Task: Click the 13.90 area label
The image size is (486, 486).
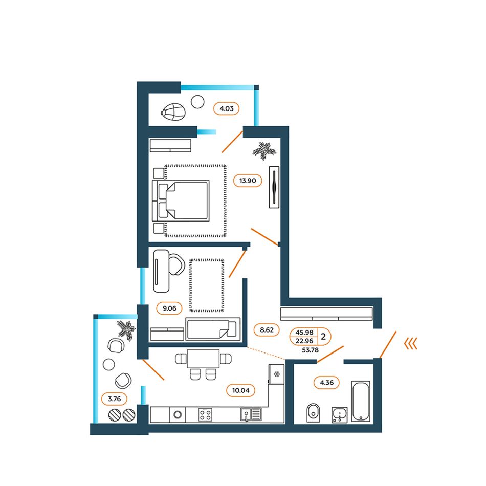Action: (x=247, y=181)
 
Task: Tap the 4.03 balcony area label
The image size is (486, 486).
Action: (x=226, y=108)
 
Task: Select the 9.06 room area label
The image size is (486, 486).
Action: (x=169, y=308)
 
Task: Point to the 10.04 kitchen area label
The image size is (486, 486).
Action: (x=240, y=390)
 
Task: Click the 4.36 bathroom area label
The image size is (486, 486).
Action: (x=327, y=383)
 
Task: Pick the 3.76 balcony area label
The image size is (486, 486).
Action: (x=114, y=399)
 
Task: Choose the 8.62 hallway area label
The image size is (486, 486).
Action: (x=267, y=330)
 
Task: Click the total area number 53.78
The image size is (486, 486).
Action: (x=310, y=350)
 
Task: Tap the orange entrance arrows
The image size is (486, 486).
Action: (x=411, y=343)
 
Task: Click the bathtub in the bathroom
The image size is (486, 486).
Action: (x=361, y=401)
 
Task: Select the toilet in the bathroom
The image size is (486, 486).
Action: (x=313, y=412)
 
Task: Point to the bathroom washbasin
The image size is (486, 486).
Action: (x=339, y=415)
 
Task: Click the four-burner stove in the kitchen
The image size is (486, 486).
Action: (x=205, y=415)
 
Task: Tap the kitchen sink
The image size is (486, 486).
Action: (x=251, y=414)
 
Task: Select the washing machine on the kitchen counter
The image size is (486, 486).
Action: (x=178, y=414)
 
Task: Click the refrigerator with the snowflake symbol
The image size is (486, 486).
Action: (x=276, y=374)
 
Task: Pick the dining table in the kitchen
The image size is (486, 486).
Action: (x=203, y=359)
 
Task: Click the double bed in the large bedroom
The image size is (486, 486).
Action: (x=181, y=201)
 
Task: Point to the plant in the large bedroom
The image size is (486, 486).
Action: (x=264, y=151)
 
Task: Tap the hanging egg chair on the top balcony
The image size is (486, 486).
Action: (x=173, y=112)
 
